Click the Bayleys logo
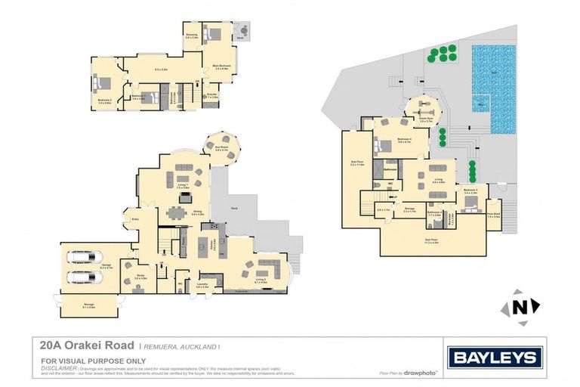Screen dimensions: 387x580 tap(494, 358)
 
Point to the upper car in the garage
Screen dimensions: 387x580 tap(83, 259)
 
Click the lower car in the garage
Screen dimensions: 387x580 tap(83, 277)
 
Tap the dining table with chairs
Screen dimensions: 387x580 tap(178, 212)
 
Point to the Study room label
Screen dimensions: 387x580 tap(140, 277)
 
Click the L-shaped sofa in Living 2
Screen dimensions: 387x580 tap(267, 270)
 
